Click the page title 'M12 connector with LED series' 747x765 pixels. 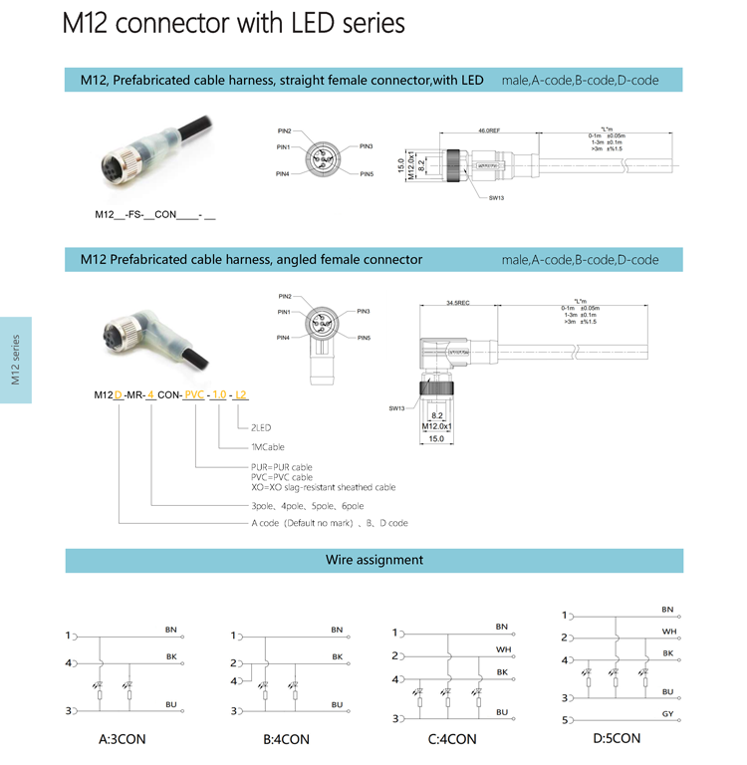click(233, 23)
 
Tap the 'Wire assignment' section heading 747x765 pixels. click(374, 560)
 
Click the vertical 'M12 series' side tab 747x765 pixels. click(15, 360)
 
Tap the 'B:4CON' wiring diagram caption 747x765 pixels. click(286, 739)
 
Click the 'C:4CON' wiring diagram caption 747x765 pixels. click(452, 739)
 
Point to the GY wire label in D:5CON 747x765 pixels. click(667, 714)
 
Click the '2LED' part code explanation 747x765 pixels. click(262, 427)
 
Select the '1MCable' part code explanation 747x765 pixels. click(266, 447)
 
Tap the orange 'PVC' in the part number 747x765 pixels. click(194, 394)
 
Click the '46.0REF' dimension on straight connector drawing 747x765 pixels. click(488, 130)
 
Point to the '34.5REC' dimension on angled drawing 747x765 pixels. click(458, 302)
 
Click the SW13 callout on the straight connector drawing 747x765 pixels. click(496, 198)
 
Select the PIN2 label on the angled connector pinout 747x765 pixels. click(285, 297)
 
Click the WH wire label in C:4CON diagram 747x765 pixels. click(502, 649)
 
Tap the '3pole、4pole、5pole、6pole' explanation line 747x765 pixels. click(307, 506)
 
